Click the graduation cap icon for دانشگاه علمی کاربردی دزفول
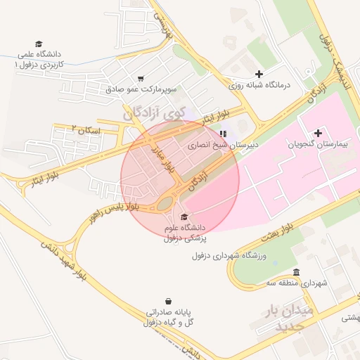tap(39, 44)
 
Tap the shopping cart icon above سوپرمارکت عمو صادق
tap(141, 79)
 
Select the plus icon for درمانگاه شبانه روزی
tap(259, 74)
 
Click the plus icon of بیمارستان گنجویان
tap(319, 133)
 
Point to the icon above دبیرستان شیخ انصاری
tap(224, 134)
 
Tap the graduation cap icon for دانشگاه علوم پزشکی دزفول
tap(184, 217)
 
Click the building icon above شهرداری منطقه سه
tap(296, 272)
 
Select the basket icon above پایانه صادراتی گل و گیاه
tap(168, 301)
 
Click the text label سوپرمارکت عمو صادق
tap(140, 90)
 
